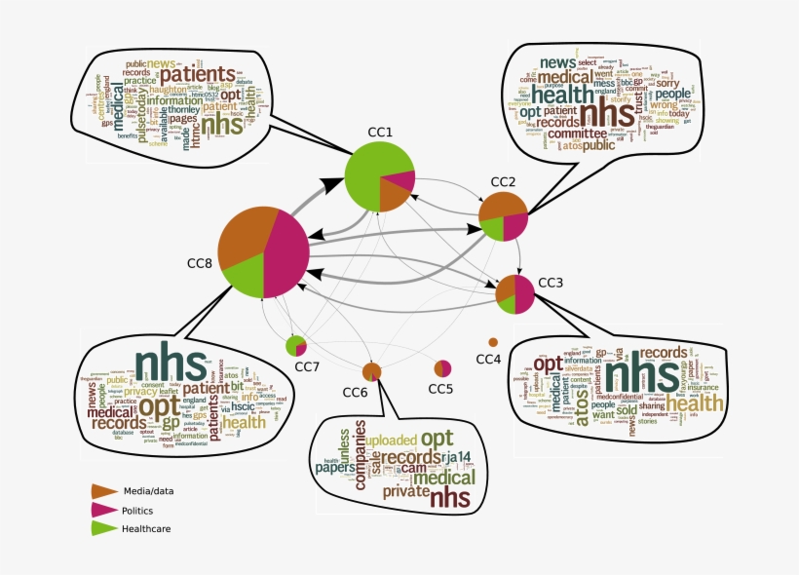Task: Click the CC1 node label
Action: point(379,131)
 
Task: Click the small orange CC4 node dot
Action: point(492,342)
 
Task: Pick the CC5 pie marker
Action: point(442,368)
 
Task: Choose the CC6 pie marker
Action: point(371,370)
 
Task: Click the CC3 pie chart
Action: point(514,294)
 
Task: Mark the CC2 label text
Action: point(503,182)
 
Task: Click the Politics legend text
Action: point(137,510)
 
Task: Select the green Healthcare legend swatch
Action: point(103,528)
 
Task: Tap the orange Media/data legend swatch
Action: point(103,490)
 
